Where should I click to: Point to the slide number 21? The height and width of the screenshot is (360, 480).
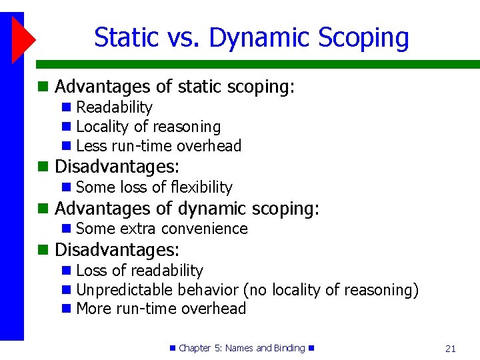pyautogui.click(x=450, y=348)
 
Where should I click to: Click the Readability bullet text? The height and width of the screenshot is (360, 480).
pyautogui.click(x=114, y=107)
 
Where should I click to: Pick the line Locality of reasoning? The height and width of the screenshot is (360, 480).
pyautogui.click(x=148, y=127)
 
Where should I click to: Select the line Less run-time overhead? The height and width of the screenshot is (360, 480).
pyautogui.click(x=159, y=146)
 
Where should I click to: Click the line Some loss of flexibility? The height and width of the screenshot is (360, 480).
pyautogui.click(x=154, y=187)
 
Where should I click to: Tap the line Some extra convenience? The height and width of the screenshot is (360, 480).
pyautogui.click(x=161, y=229)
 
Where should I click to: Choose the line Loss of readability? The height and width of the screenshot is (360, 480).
pyautogui.click(x=139, y=271)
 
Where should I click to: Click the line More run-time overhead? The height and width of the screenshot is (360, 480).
pyautogui.click(x=161, y=309)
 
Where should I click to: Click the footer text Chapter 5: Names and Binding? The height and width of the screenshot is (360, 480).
pyautogui.click(x=241, y=348)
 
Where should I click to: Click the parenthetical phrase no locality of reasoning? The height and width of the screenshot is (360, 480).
pyautogui.click(x=331, y=290)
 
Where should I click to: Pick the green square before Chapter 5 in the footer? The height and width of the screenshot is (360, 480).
pyautogui.click(x=172, y=348)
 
